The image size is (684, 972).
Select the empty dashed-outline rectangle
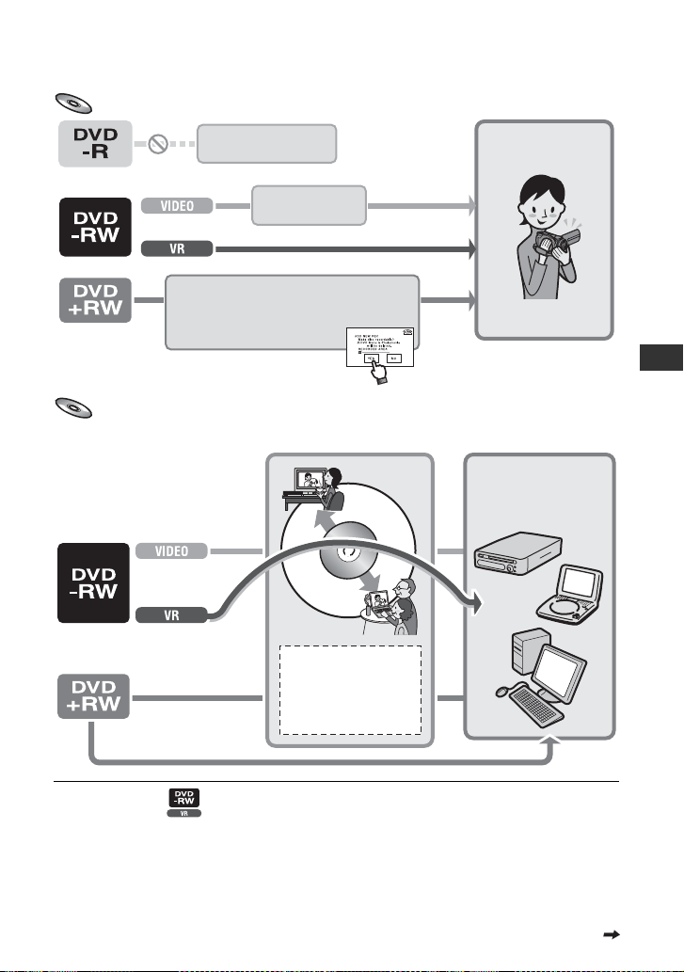click(x=350, y=690)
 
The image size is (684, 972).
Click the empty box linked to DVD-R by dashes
click(x=266, y=143)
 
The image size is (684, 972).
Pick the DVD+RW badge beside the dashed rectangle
click(x=91, y=699)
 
